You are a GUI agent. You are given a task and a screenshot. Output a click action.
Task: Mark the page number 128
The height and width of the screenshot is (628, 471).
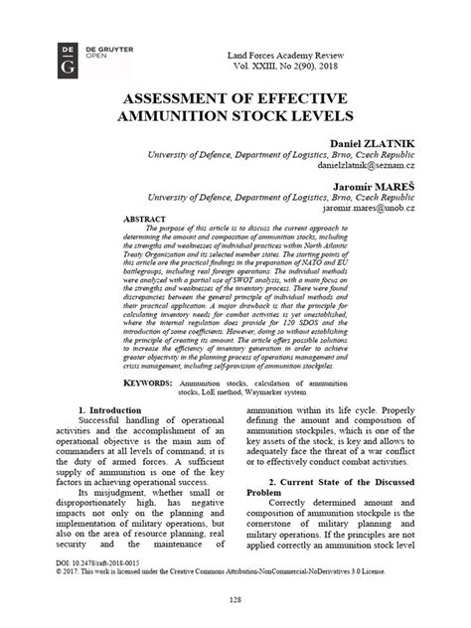pyautogui.click(x=235, y=600)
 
